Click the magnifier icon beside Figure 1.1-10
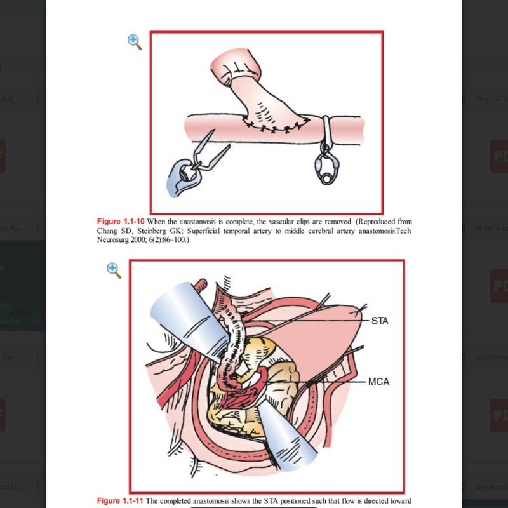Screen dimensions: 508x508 (x=134, y=42)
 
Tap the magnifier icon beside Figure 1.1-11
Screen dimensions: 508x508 (x=114, y=270)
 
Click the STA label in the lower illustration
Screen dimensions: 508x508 (x=379, y=321)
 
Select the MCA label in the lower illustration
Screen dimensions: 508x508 (x=379, y=382)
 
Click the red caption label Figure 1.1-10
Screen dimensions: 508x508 (x=121, y=221)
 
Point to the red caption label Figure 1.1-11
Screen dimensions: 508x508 (x=121, y=501)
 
